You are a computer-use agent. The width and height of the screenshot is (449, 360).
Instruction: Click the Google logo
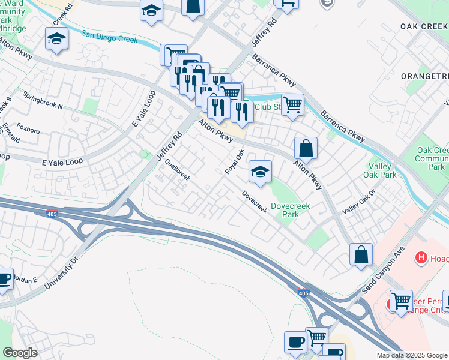pyautogui.click(x=20, y=353)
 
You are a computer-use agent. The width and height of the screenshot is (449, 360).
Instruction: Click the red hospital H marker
pyautogui.click(x=421, y=258)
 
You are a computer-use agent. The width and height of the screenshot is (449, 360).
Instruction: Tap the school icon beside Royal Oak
pyautogui.click(x=260, y=172)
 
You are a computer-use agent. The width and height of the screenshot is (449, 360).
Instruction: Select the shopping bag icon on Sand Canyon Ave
pyautogui.click(x=361, y=254)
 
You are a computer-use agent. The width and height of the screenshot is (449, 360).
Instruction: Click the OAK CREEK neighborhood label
pyautogui.click(x=424, y=27)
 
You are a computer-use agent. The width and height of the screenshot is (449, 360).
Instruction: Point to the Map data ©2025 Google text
pyautogui.click(x=412, y=355)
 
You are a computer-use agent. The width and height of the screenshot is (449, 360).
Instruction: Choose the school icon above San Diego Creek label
pyautogui.click(x=57, y=39)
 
